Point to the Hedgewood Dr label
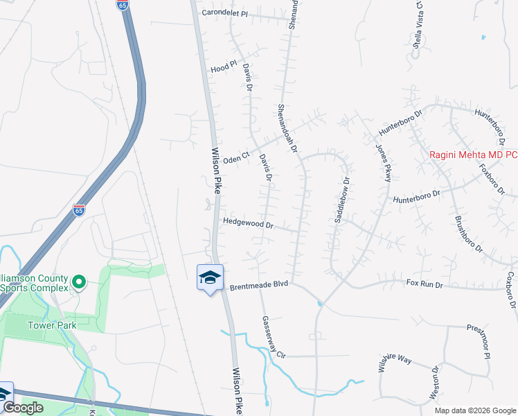(249, 223)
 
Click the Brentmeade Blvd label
(259, 285)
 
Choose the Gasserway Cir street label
(274, 336)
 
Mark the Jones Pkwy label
(383, 163)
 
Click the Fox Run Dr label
(423, 283)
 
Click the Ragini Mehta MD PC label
(473, 155)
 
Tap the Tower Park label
(53, 324)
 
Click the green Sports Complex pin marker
(78, 281)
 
